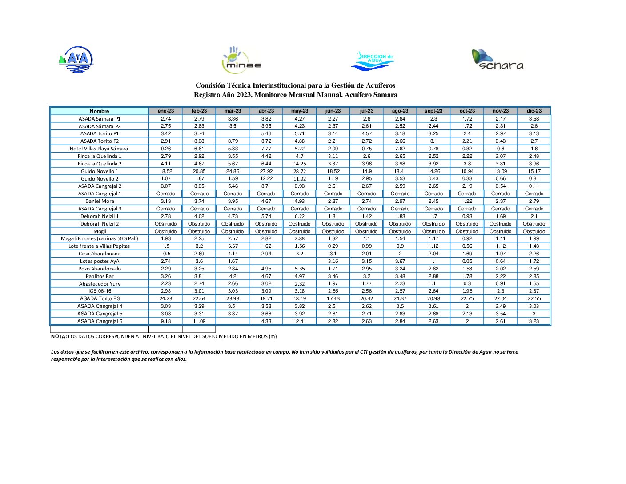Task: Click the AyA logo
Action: click(x=76, y=60)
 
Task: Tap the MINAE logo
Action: click(x=241, y=60)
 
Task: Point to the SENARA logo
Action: click(x=497, y=60)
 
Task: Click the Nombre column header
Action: click(x=99, y=111)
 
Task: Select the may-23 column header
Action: click(x=300, y=111)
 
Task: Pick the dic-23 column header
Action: click(x=534, y=111)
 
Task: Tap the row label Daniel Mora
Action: click(x=100, y=201)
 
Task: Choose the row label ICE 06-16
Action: click(x=100, y=291)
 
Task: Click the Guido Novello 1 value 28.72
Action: click(x=300, y=171)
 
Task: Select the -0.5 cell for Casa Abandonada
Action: click(x=166, y=254)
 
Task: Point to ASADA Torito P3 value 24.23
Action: click(x=166, y=298)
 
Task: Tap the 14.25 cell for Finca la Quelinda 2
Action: click(x=300, y=164)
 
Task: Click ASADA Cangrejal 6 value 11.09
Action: click(x=199, y=321)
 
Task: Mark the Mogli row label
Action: click(x=100, y=231)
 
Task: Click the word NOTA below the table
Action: click(x=59, y=337)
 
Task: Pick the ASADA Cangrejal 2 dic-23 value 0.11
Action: click(x=534, y=186)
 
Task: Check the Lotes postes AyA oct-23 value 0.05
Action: click(x=467, y=261)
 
